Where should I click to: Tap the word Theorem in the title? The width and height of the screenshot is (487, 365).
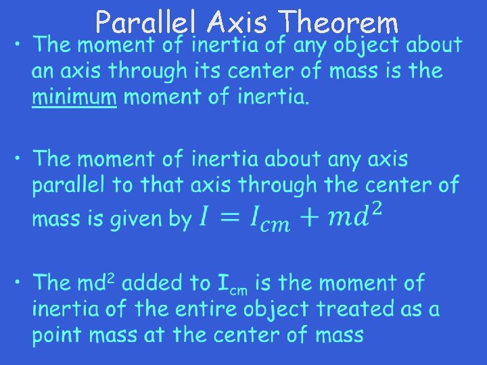(340, 23)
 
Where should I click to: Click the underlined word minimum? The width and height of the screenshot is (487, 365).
(74, 97)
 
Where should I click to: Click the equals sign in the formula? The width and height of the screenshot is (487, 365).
(229, 217)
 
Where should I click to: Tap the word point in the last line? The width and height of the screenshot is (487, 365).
(60, 335)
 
